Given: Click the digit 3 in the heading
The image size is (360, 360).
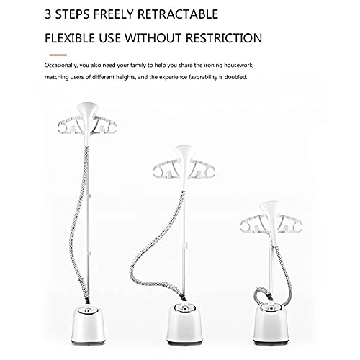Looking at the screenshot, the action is (48, 14).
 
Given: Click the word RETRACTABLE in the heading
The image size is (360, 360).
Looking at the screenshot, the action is (178, 14).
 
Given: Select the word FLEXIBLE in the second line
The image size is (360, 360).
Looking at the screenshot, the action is (70, 38).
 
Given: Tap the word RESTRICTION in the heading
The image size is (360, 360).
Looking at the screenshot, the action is (224, 38).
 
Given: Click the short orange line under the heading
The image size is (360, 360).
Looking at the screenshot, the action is (58, 55).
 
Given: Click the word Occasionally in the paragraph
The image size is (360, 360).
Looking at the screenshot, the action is (60, 66).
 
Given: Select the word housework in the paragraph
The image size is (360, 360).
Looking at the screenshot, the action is (238, 66).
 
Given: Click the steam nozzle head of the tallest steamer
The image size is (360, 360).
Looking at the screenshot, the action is (87, 122).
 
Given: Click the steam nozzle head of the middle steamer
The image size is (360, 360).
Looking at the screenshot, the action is (184, 166).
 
